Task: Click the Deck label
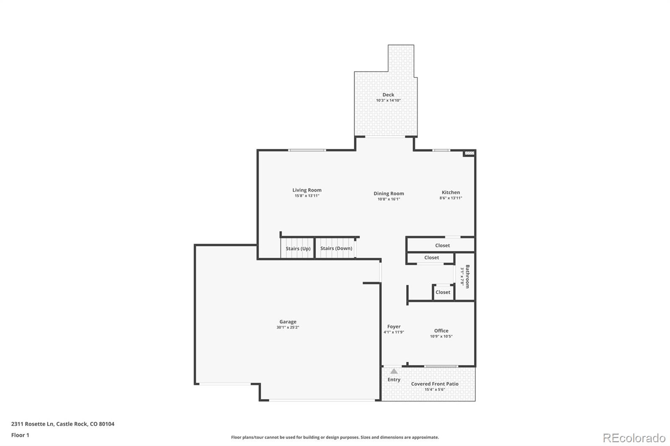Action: pyautogui.click(x=388, y=95)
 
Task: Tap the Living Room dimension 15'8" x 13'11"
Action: pyautogui.click(x=307, y=196)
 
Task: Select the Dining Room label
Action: pyautogui.click(x=389, y=193)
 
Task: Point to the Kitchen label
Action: pyautogui.click(x=451, y=192)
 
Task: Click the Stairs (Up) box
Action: pyautogui.click(x=298, y=249)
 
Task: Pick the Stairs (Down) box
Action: pyautogui.click(x=336, y=248)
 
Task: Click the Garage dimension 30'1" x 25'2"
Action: pyautogui.click(x=288, y=328)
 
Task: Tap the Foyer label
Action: pyautogui.click(x=394, y=326)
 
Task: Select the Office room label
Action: pyautogui.click(x=441, y=331)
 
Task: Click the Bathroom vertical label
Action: pyautogui.click(x=467, y=276)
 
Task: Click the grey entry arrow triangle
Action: pyautogui.click(x=394, y=371)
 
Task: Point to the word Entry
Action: pyautogui.click(x=394, y=379)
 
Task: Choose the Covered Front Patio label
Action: pyautogui.click(x=435, y=384)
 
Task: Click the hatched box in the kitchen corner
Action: pyautogui.click(x=469, y=154)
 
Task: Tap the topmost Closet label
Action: pyautogui.click(x=442, y=246)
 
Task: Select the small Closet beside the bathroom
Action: pyautogui.click(x=443, y=292)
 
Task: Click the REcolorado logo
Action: pyautogui.click(x=634, y=438)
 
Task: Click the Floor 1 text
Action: pyautogui.click(x=20, y=435)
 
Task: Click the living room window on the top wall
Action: pyautogui.click(x=307, y=150)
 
